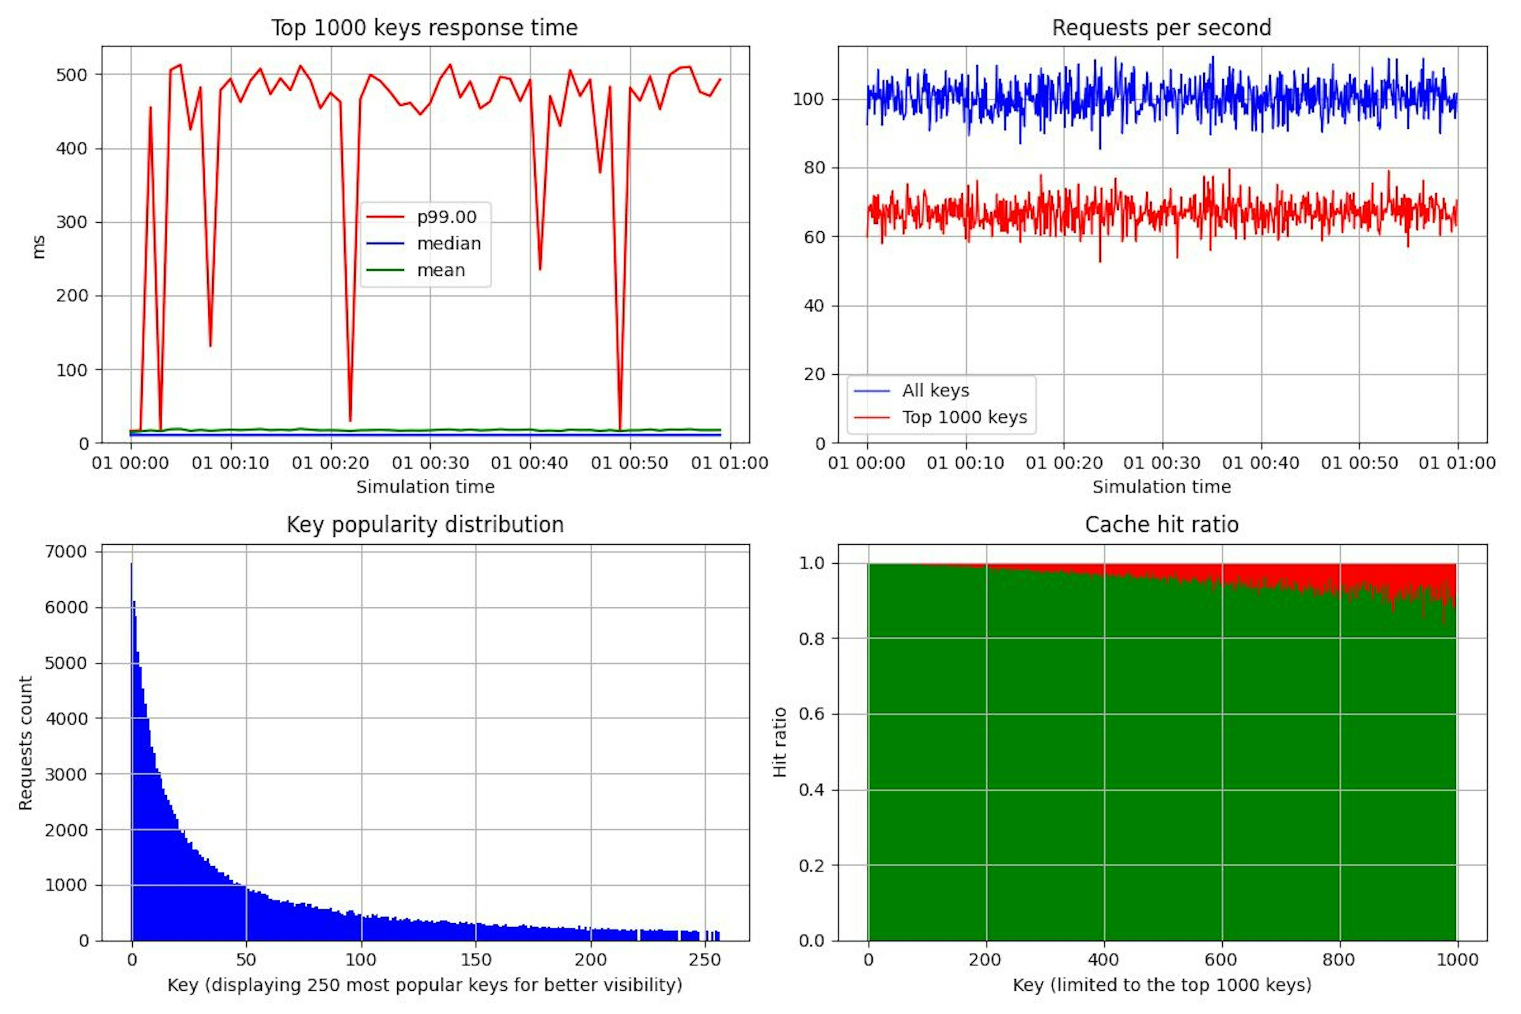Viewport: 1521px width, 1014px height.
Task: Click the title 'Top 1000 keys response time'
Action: [424, 28]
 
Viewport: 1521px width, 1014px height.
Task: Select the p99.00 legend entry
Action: [446, 217]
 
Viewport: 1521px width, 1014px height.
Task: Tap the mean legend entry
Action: [440, 270]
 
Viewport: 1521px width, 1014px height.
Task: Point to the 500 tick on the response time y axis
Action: [71, 75]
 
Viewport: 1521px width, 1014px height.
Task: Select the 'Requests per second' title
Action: [1161, 28]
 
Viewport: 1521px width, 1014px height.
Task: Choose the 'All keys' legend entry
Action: [935, 391]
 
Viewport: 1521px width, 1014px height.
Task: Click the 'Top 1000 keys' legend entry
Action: [964, 418]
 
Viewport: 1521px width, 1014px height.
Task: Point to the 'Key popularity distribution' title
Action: [425, 524]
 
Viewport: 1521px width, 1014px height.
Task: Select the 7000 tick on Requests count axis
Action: [65, 552]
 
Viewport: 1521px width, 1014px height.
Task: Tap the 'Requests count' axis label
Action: [25, 743]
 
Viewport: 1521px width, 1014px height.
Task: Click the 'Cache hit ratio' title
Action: [1161, 524]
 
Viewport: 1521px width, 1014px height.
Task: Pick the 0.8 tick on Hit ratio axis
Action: [812, 639]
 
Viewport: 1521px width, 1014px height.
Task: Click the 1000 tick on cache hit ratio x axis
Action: [1457, 960]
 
